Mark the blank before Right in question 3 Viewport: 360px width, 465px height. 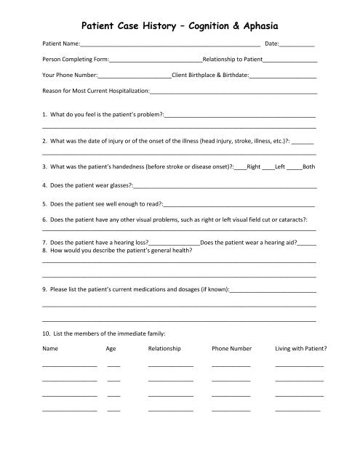[x=241, y=167]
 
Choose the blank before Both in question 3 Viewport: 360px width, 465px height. [x=295, y=167]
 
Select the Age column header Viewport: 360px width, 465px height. [x=111, y=349]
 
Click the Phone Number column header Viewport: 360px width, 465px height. [x=231, y=349]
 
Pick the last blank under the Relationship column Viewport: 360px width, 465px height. [x=170, y=412]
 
